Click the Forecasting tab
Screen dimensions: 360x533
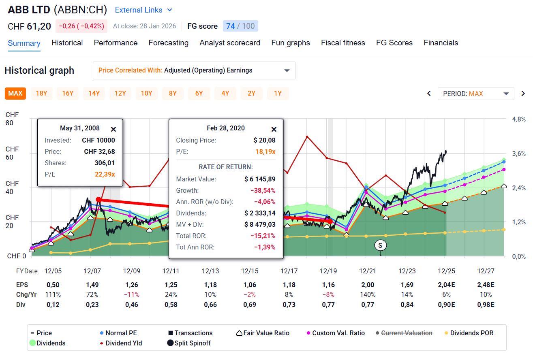(168, 43)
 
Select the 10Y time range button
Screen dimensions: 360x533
(146, 94)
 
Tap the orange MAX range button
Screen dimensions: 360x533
(15, 94)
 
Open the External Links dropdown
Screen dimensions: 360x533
(143, 10)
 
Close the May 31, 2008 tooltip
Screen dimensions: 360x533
(113, 129)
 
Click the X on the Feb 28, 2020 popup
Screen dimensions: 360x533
(274, 129)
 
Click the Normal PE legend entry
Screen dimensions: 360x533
(121, 333)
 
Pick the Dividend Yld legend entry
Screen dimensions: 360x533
(123, 343)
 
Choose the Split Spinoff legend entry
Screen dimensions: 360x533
(192, 343)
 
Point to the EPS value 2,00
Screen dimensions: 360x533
(368, 285)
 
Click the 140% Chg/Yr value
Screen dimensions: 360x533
(368, 295)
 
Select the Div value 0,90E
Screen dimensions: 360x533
(446, 305)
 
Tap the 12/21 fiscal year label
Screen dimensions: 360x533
(368, 271)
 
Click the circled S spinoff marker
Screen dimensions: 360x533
(380, 245)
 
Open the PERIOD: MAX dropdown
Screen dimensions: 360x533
(475, 94)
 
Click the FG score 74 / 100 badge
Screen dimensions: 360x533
(240, 26)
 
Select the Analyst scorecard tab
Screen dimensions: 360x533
(230, 43)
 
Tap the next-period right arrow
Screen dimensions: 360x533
(523, 94)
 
